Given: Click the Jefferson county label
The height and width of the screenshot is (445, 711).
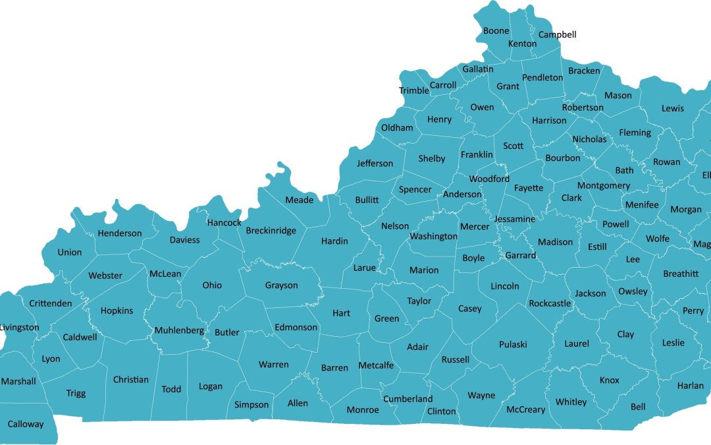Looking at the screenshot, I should [375, 163].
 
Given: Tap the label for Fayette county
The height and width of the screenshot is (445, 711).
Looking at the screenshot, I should [529, 188].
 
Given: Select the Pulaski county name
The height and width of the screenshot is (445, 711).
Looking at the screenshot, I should [513, 345].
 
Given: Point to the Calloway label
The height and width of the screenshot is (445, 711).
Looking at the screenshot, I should [25, 424].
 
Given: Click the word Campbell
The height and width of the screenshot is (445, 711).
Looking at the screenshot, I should [558, 34].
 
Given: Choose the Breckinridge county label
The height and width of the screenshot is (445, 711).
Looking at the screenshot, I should [271, 231].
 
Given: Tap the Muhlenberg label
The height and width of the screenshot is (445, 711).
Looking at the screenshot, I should [179, 330].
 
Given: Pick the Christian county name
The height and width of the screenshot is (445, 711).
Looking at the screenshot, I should [131, 380].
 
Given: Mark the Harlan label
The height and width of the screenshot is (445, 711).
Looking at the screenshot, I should [690, 386].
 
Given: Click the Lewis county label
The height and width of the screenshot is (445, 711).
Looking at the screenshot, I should [673, 108].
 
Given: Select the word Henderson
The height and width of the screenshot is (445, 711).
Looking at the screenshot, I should [120, 233].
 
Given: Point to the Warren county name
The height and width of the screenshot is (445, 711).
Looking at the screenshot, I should [273, 365].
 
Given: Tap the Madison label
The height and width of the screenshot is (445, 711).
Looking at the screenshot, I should [555, 242].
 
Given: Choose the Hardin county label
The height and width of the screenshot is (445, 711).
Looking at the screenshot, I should [334, 241].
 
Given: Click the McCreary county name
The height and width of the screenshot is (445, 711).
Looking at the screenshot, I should [525, 409].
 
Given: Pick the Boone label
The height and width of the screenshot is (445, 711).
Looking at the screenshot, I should [496, 31].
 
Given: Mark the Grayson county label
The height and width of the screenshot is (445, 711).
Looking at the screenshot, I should [281, 285].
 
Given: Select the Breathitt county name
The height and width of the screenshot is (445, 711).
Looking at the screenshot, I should [681, 274].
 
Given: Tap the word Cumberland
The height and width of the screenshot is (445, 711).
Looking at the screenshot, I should [408, 399].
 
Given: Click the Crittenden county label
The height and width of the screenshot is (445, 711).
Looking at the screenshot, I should [51, 303].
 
